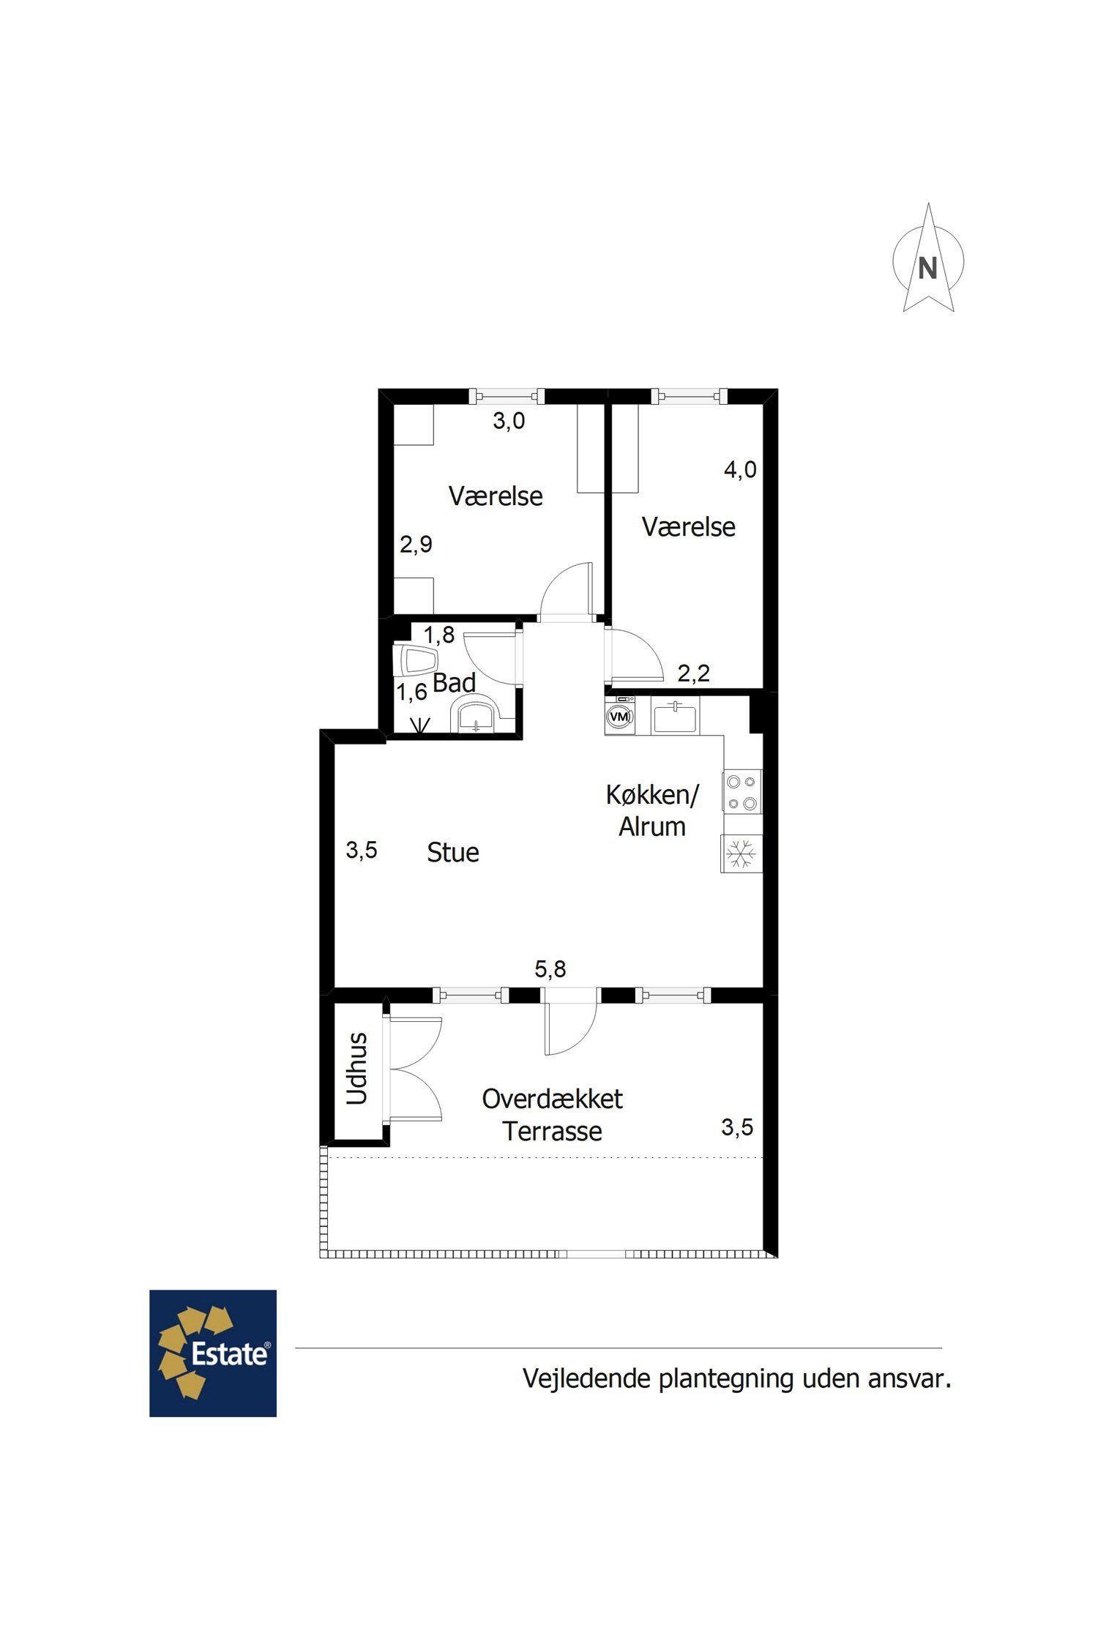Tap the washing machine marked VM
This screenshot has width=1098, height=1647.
coord(620,715)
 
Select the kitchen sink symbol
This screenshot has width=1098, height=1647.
coord(675,716)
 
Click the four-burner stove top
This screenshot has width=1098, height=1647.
coord(742,791)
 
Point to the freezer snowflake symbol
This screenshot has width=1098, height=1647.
coord(742,854)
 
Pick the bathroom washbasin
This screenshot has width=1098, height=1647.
coord(476,714)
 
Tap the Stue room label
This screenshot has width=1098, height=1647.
coord(453,852)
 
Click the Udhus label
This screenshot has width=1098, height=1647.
coord(356,1068)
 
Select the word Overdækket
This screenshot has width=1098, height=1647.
coord(552,1099)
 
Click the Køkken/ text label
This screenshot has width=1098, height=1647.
coord(652,795)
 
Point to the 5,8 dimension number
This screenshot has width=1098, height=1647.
coord(550,969)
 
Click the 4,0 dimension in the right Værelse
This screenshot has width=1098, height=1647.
coord(740,469)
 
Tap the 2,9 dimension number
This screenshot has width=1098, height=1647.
coord(416,544)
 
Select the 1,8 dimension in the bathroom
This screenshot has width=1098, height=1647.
coord(439,635)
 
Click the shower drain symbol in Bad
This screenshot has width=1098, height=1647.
coord(420,725)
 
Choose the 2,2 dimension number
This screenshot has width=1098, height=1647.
coord(693,673)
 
